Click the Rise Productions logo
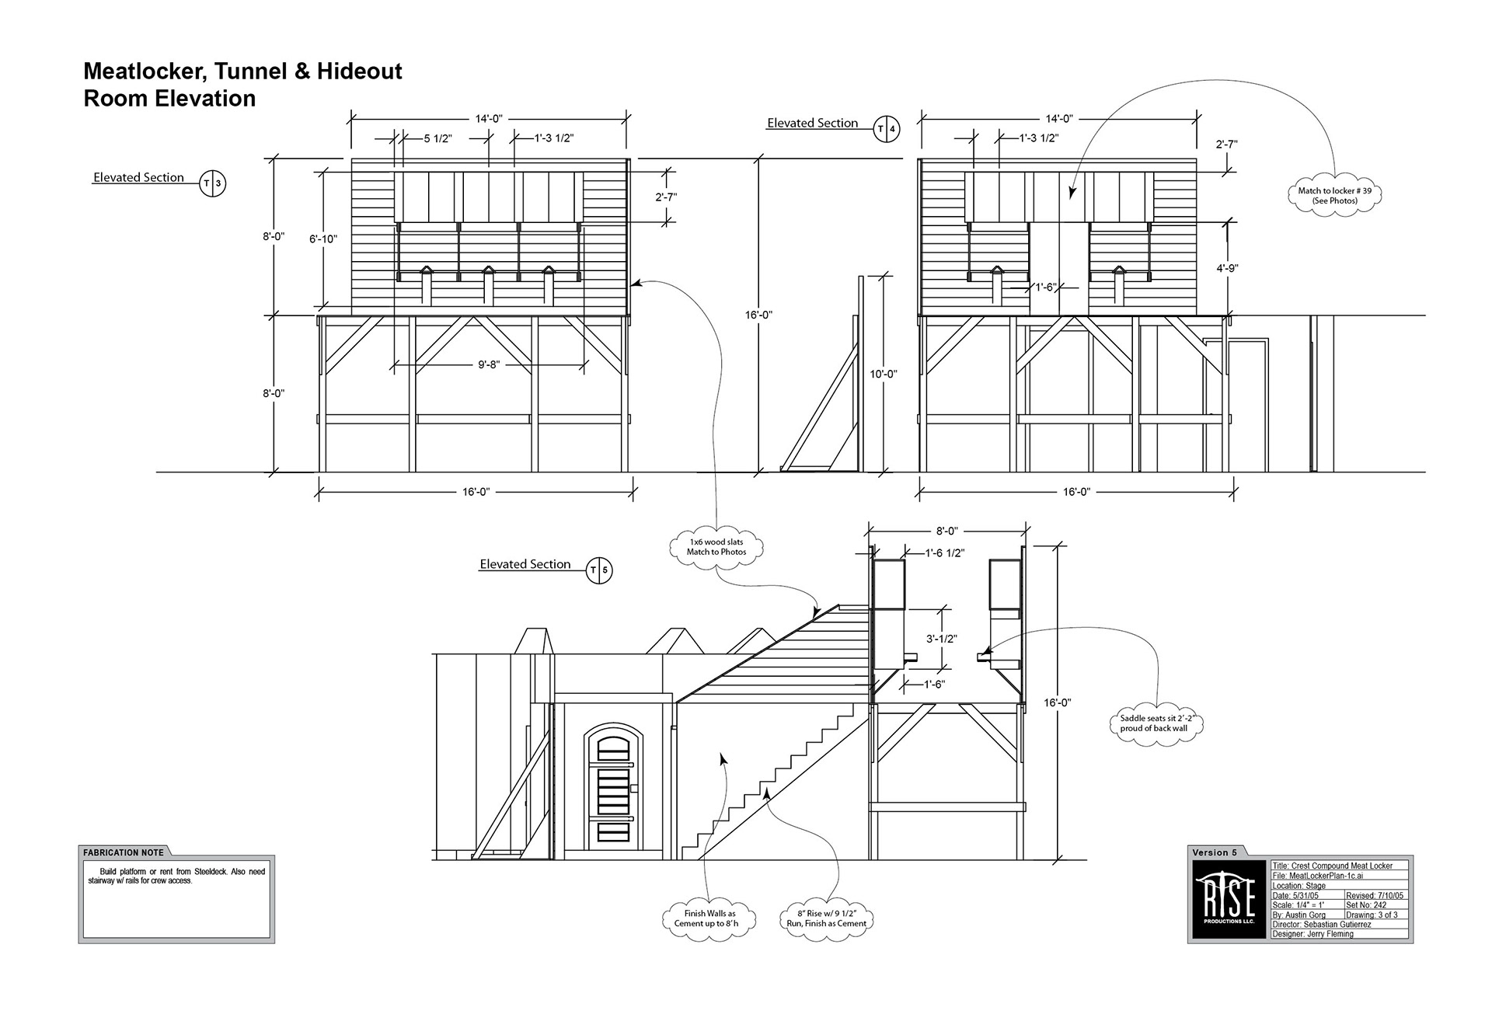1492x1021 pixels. coord(1228,900)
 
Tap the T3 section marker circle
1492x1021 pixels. coord(212,184)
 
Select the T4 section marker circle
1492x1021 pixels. coord(887,129)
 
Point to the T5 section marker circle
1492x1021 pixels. coord(599,570)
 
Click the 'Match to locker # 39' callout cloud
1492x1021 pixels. coord(1335,196)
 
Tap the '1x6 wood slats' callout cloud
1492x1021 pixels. coord(716,547)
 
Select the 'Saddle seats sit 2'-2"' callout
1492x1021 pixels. coord(1156,723)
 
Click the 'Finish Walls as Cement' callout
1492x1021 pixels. coord(709,918)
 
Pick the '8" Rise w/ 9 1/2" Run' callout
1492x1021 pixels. coord(826,918)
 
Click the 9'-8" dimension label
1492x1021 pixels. coord(488,364)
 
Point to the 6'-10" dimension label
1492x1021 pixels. coord(323,239)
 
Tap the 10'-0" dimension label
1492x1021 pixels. coord(884,374)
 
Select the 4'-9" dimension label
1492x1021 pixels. coord(1227,268)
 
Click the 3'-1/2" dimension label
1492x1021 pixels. coord(941,639)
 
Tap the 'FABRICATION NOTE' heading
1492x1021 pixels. coord(124,852)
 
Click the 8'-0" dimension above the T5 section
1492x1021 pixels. coord(946,531)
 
